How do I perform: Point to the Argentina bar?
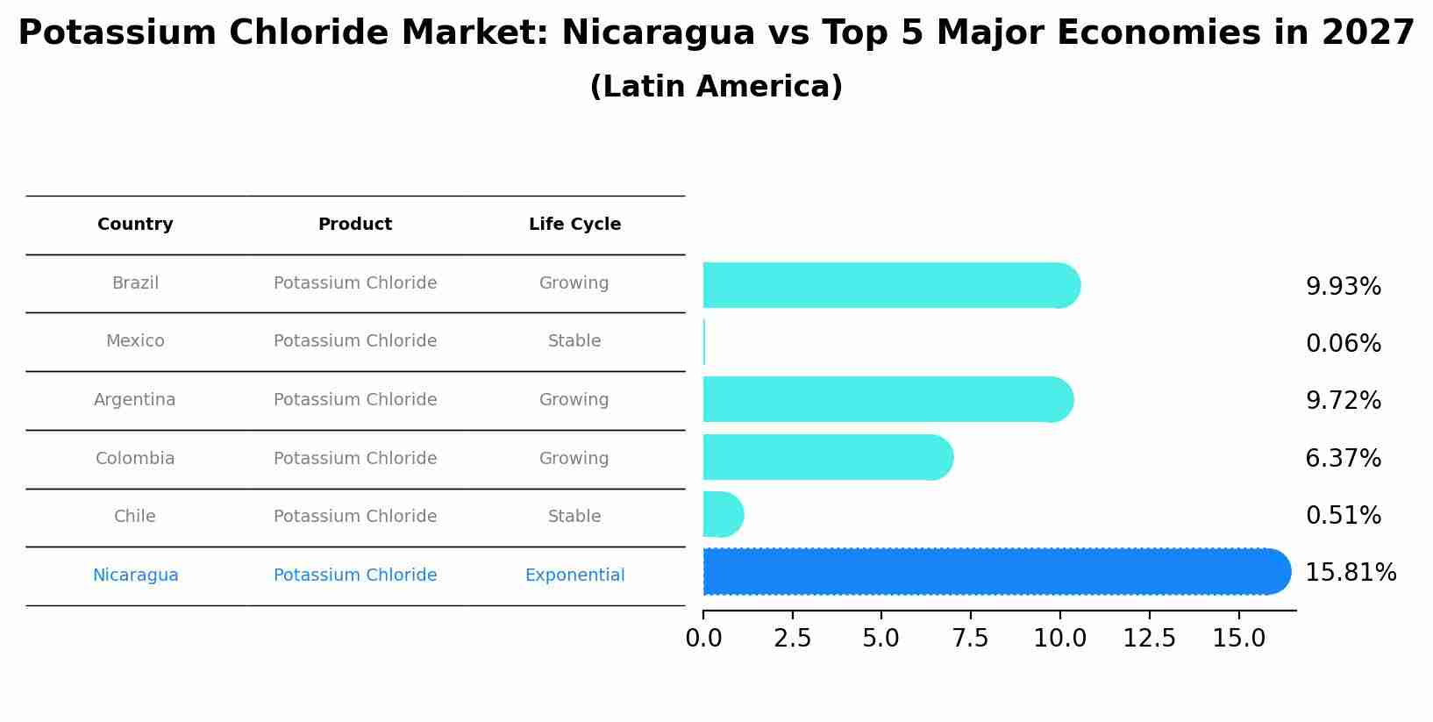click(x=887, y=399)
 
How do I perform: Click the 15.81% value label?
click(x=1350, y=573)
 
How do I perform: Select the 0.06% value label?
click(x=1343, y=344)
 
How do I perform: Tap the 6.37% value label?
click(x=1343, y=458)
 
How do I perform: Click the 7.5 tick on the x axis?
click(x=970, y=639)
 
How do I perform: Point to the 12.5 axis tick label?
click(x=1149, y=639)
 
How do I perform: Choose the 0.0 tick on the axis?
click(x=703, y=639)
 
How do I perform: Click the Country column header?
click(x=135, y=225)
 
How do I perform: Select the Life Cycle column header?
click(x=574, y=225)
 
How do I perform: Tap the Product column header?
click(x=354, y=225)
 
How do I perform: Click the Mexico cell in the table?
click(x=135, y=341)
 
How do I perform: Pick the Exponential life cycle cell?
click(x=574, y=575)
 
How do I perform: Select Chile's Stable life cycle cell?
click(x=574, y=517)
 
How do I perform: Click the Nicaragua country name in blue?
click(x=135, y=575)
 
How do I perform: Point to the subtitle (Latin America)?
click(x=716, y=87)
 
